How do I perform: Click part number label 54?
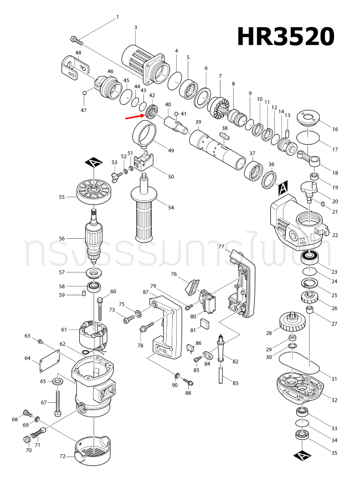171,207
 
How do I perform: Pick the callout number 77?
220,247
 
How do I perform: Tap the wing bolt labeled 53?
116,176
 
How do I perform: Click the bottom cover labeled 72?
95,448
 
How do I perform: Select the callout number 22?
335,235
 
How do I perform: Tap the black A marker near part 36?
282,188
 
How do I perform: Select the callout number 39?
197,122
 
